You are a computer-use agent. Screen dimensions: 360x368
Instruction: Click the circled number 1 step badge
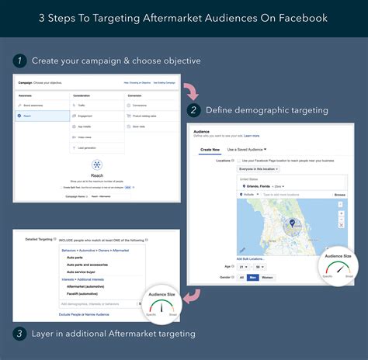tap(19, 60)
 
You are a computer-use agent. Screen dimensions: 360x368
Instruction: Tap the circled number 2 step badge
tap(194, 109)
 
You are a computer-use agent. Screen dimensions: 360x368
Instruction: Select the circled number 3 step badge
tap(19, 334)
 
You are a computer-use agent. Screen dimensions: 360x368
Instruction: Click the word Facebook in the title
tap(299, 17)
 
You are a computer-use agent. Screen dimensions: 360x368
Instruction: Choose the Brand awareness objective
tap(36, 103)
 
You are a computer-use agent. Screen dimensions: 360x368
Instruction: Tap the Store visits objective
tap(140, 125)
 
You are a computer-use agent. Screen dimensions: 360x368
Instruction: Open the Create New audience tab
tap(210, 149)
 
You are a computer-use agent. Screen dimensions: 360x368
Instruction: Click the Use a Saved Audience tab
tap(248, 149)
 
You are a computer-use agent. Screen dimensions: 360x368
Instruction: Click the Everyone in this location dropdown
tap(259, 168)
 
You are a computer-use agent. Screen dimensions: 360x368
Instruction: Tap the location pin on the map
tap(293, 223)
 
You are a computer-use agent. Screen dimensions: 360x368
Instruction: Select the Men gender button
tap(253, 277)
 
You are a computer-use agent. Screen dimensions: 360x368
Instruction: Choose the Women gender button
tap(267, 277)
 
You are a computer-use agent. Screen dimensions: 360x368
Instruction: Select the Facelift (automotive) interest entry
tap(85, 293)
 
